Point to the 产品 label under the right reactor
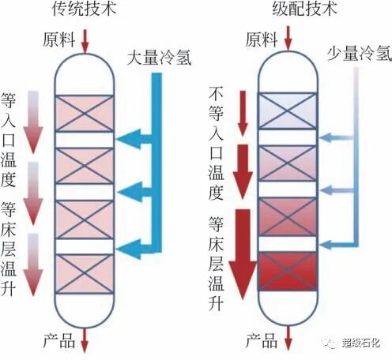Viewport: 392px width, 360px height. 262,341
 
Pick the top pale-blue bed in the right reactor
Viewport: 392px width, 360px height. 287,111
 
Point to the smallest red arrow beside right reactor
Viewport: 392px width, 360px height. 242,111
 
